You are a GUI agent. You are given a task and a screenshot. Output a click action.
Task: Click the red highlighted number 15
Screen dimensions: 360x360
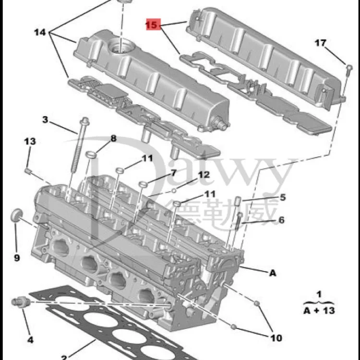pos(153,24)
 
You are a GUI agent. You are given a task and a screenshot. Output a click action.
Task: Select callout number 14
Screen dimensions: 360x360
pos(40,32)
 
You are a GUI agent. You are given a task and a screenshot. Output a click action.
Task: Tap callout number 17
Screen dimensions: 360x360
pos(320,43)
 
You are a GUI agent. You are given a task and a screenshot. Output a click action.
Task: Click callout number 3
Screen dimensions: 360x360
pos(45,120)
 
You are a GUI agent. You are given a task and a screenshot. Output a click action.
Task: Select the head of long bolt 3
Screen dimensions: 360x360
pos(84,121)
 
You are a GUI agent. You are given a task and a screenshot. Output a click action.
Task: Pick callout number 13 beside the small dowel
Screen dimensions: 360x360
pos(30,141)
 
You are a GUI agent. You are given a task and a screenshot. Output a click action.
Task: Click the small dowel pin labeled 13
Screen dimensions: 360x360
pos(28,171)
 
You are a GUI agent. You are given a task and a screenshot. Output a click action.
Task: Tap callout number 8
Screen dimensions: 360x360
pos(113,138)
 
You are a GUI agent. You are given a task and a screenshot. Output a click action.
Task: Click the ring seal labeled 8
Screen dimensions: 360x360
pos(91,154)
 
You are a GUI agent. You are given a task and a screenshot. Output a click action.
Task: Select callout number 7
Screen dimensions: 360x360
pos(173,173)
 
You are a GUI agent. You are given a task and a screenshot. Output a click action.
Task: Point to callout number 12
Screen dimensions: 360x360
pos(204,175)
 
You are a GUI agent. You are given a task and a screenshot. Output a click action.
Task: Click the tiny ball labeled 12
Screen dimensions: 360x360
pos(174,191)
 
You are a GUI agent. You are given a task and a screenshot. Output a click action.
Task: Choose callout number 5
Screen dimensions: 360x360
pos(283,197)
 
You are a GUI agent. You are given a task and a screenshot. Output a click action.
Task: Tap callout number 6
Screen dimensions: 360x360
pos(281,220)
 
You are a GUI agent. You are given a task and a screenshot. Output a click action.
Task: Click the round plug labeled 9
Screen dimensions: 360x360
pos(16,216)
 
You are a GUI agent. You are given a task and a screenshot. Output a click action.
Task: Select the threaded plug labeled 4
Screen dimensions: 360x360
pos(20,301)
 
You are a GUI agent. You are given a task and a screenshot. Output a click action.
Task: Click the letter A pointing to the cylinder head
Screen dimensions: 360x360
pos(273,273)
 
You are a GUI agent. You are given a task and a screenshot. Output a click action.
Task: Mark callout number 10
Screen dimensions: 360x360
pos(276,338)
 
